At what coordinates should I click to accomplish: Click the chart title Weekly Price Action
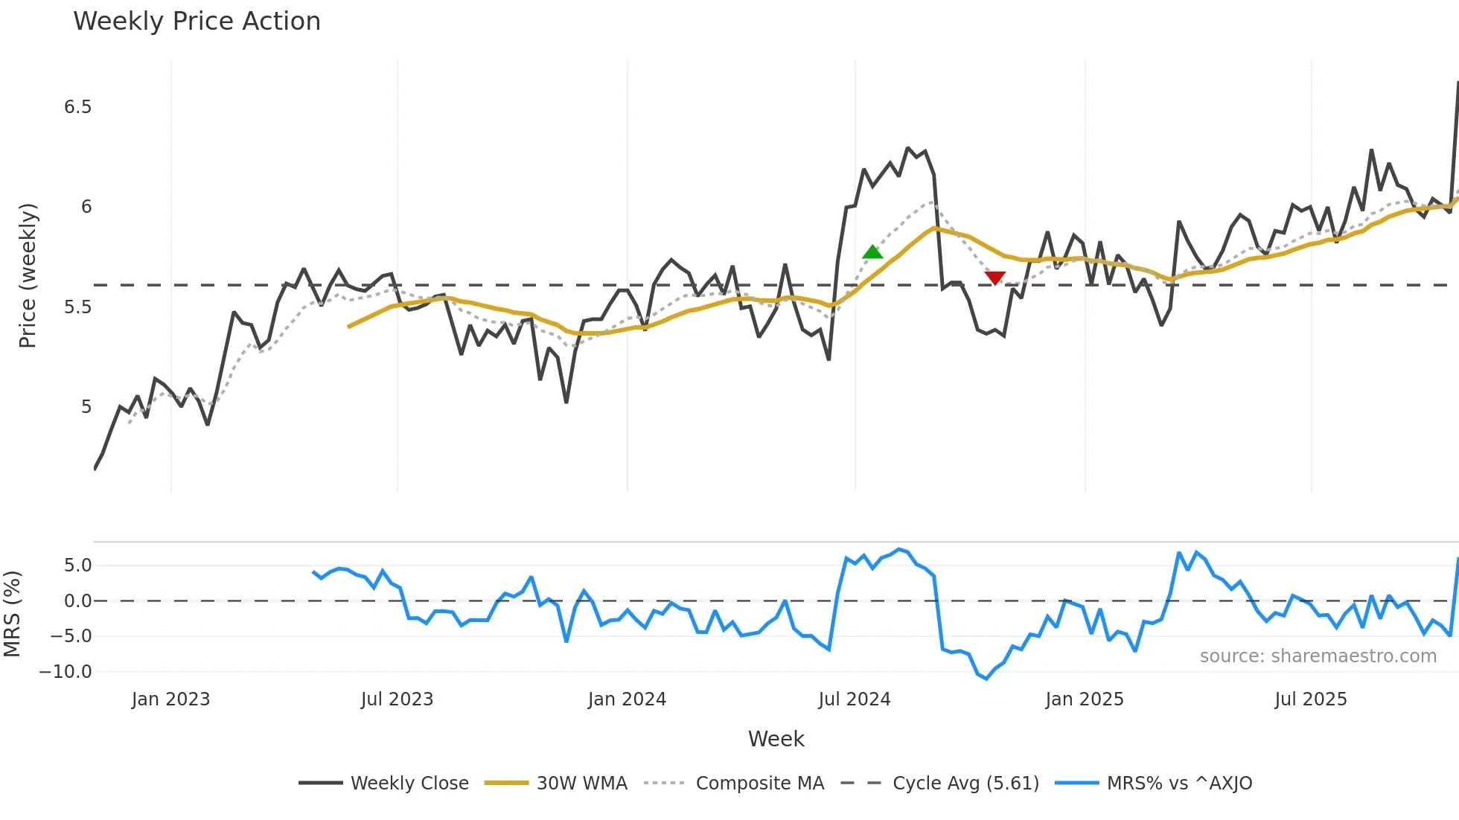pyautogui.click(x=197, y=22)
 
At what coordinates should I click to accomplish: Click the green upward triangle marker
pyautogui.click(x=872, y=252)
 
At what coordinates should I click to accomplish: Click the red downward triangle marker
pyautogui.click(x=995, y=278)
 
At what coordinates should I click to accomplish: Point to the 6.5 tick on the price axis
pyautogui.click(x=77, y=107)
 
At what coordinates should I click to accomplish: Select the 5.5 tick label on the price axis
pyautogui.click(x=77, y=307)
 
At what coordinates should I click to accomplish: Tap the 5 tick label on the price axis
pyautogui.click(x=86, y=407)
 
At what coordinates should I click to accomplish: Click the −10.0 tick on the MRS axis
pyautogui.click(x=66, y=672)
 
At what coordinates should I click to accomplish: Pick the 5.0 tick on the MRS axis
pyautogui.click(x=77, y=566)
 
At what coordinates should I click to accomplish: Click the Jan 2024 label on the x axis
pyautogui.click(x=627, y=699)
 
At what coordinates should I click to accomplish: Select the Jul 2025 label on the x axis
pyautogui.click(x=1310, y=699)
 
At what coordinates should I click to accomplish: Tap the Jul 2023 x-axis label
pyautogui.click(x=397, y=699)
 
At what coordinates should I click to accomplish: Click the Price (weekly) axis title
pyautogui.click(x=28, y=275)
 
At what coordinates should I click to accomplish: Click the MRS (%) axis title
pyautogui.click(x=12, y=614)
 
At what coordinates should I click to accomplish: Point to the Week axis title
pyautogui.click(x=776, y=739)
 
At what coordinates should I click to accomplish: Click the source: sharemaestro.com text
pyautogui.click(x=1318, y=656)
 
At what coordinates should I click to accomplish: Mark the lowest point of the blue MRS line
pyautogui.click(x=986, y=679)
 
